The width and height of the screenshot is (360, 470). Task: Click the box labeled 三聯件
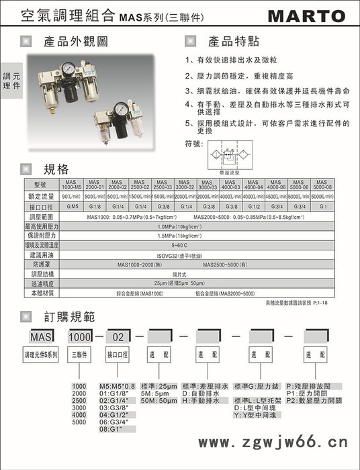(x=79, y=354)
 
